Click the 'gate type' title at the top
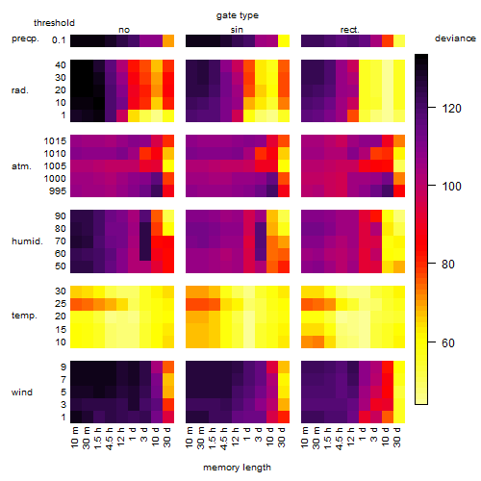238,15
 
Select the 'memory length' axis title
237,468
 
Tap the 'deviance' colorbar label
455,38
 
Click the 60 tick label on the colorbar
448,343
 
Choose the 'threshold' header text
54,23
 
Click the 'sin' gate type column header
237,30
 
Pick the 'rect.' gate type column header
349,30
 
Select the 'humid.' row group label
27,241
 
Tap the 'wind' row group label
22,392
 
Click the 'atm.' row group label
21,166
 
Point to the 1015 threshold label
55,141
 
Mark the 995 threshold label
58,191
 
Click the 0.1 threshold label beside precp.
59,40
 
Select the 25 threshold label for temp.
61,304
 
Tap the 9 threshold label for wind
63,367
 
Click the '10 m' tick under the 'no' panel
75,437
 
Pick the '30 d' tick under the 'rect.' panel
397,437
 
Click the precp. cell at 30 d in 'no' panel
168,40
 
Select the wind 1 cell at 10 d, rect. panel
388,417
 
